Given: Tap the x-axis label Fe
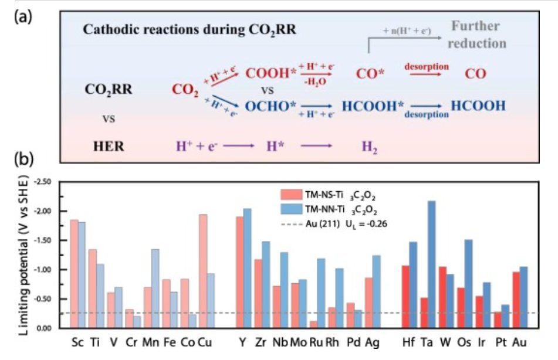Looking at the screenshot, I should pos(167,342).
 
